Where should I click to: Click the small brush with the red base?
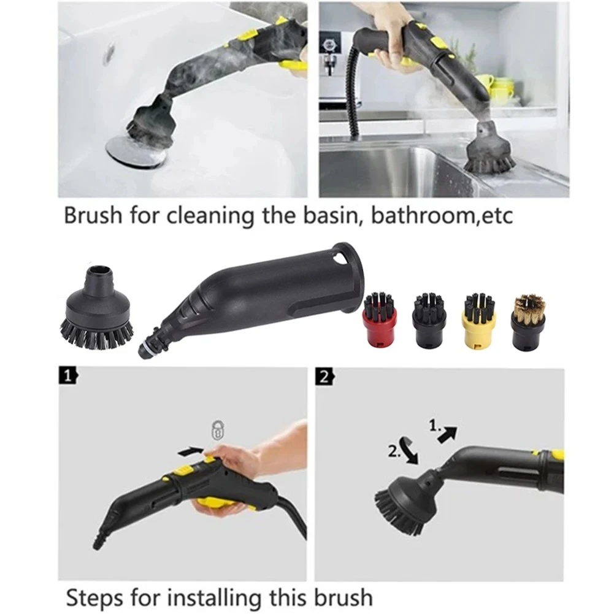pyautogui.click(x=380, y=318)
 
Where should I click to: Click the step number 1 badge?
pyautogui.click(x=67, y=376)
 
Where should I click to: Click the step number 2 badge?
pyautogui.click(x=325, y=377)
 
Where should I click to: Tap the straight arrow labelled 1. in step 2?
pyautogui.click(x=447, y=435)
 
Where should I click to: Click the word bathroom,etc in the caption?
pyautogui.click(x=442, y=215)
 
